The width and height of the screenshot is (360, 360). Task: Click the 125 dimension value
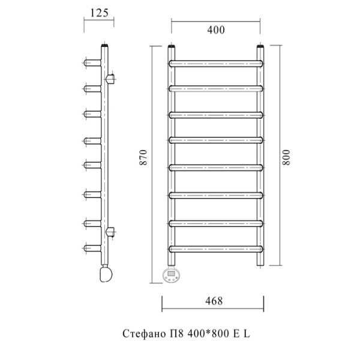[x=99, y=13]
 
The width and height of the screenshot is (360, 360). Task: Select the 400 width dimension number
[x=216, y=30]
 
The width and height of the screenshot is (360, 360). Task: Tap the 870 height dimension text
[x=143, y=157]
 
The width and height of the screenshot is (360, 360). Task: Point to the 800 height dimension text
[x=286, y=157]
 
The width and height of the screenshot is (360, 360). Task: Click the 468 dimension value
[x=214, y=301]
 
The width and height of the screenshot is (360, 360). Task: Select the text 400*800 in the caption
[x=208, y=334]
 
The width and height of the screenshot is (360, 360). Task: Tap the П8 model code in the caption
[x=176, y=334]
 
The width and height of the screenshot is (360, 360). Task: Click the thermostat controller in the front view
[x=171, y=275]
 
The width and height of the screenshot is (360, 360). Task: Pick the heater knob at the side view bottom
[x=106, y=274]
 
